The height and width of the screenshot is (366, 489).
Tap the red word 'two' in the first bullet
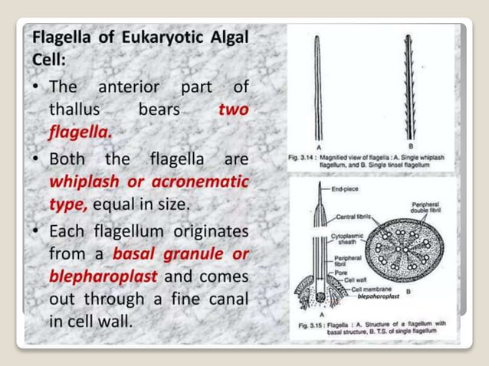click(233, 109)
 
